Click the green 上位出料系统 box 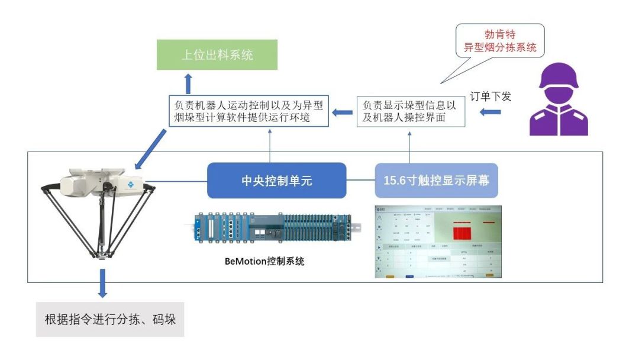(217, 55)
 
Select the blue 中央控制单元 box (276, 181)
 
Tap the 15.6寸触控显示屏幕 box (436, 181)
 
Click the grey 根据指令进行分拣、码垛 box (110, 320)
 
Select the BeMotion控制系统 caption (264, 261)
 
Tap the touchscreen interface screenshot (438, 242)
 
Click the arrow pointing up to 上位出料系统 (188, 82)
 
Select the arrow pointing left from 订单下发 (489, 111)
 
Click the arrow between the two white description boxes (343, 112)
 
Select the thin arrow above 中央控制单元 (270, 145)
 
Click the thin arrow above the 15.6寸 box (409, 145)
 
